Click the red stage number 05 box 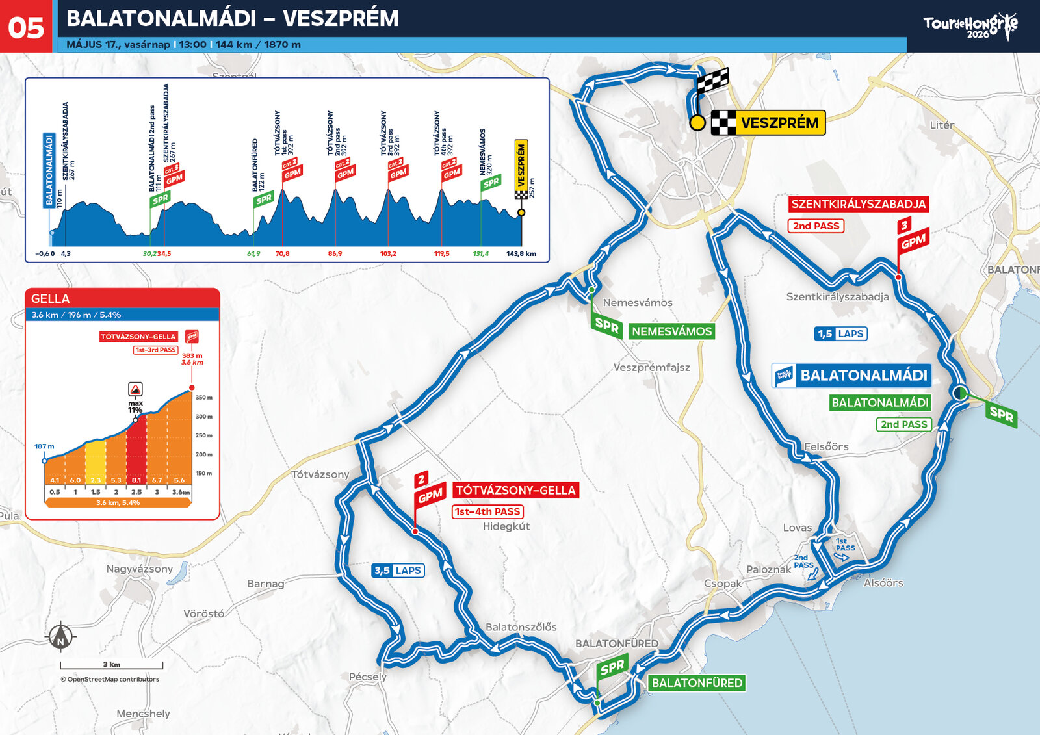(x=26, y=27)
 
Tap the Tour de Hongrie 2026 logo (x=970, y=27)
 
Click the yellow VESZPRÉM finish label (x=779, y=123)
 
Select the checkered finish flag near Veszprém (x=712, y=82)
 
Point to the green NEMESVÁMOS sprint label (x=671, y=331)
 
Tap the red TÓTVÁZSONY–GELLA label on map (x=515, y=490)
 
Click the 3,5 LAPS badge (x=398, y=571)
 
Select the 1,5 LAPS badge (x=841, y=334)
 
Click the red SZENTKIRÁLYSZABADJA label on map (x=858, y=204)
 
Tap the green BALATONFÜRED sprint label (x=696, y=683)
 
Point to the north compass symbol (x=61, y=636)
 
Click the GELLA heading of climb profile (x=51, y=298)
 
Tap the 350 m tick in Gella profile (x=204, y=398)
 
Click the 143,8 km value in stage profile (x=521, y=254)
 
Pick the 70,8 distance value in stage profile (x=282, y=254)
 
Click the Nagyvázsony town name (x=139, y=569)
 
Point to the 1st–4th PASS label (x=487, y=512)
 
